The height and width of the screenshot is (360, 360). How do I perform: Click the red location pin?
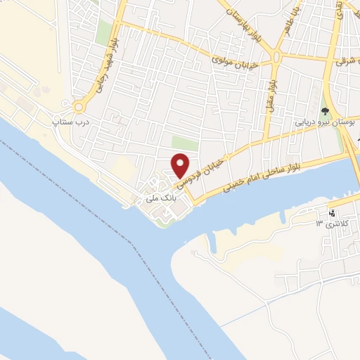(x=181, y=165)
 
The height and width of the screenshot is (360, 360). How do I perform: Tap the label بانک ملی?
(x=159, y=199)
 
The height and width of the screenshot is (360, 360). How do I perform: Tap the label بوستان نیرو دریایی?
(x=324, y=122)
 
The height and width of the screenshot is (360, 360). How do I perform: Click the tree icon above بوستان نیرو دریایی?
(x=325, y=110)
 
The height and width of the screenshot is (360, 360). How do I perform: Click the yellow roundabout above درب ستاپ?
(x=79, y=107)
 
